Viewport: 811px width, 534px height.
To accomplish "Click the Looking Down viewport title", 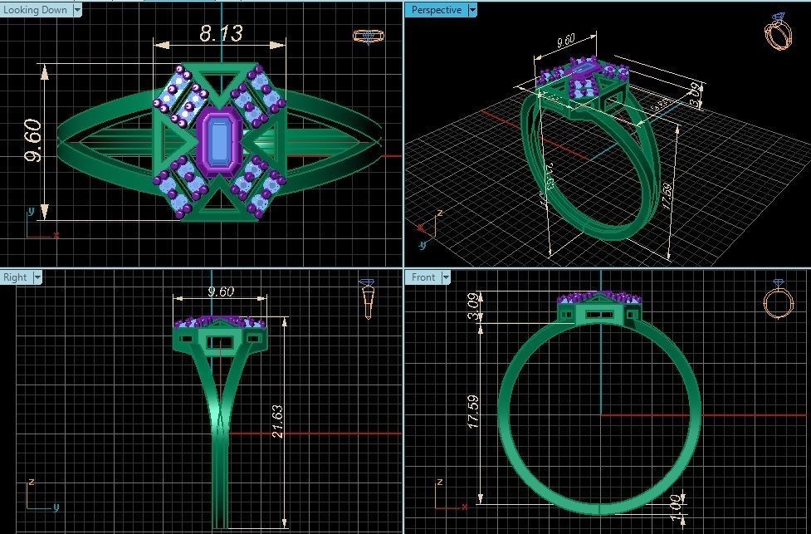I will click(36, 10).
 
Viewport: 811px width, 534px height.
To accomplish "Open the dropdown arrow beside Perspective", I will click(472, 10).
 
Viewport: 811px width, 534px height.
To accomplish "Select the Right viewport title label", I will click(15, 277).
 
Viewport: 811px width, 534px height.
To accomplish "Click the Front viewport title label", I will click(423, 277).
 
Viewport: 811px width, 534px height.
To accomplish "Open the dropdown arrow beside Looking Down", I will click(77, 10).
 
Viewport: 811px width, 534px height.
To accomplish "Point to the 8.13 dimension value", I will click(220, 33).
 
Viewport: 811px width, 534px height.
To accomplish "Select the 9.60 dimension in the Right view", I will click(220, 291).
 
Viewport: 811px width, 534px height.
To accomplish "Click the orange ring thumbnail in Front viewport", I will click(778, 301).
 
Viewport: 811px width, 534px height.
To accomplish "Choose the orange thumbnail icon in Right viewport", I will click(368, 299).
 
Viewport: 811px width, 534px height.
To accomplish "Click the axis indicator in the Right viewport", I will click(37, 497).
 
